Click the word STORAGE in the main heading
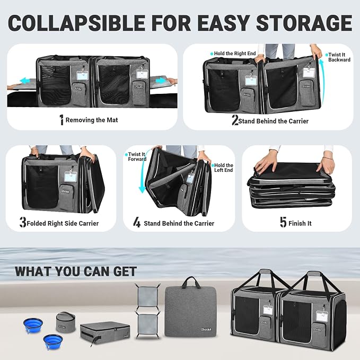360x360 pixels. (304, 22)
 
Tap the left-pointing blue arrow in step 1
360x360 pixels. (28, 81)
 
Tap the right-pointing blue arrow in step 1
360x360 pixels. (161, 81)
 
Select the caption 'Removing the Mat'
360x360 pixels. (92, 120)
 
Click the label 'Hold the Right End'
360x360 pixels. (235, 54)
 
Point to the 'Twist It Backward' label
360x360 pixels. (339, 57)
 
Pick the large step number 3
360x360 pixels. (23, 222)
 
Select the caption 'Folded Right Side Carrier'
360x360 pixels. (63, 223)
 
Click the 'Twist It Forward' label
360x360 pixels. (137, 156)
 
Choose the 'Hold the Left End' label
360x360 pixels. (223, 168)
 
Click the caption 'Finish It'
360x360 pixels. (300, 223)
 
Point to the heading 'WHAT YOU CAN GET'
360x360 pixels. (76, 271)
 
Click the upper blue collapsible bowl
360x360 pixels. (33, 325)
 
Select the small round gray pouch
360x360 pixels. (66, 322)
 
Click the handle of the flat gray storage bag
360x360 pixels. (190, 282)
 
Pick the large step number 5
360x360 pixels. (283, 222)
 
